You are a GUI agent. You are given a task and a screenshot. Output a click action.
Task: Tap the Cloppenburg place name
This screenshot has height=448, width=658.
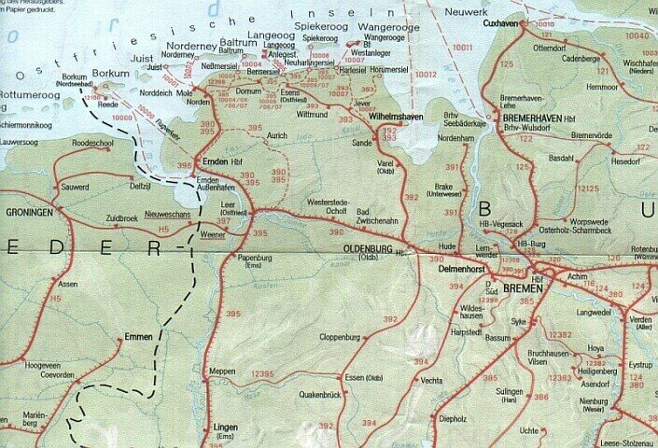(x=340, y=336)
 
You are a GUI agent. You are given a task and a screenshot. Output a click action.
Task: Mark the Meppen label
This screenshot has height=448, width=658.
(x=222, y=371)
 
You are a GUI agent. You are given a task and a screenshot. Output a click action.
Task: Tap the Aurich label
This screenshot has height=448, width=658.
(x=277, y=135)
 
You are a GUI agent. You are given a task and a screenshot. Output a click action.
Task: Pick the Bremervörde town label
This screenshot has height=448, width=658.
(x=590, y=134)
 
